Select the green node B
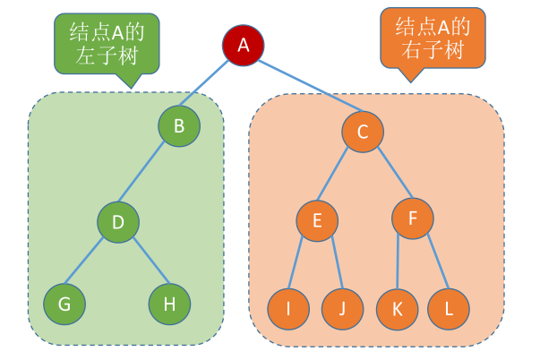tap(179, 126)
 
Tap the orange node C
tap(363, 133)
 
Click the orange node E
tap(317, 220)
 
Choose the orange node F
tap(412, 219)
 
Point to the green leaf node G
tap(64, 305)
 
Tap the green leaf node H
tap(169, 305)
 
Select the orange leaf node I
tap(288, 310)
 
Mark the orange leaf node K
tap(397, 310)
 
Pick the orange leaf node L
tap(450, 310)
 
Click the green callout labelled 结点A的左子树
tap(107, 41)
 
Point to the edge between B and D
tap(148, 174)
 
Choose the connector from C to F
tap(388, 176)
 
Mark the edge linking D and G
tap(90, 263)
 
